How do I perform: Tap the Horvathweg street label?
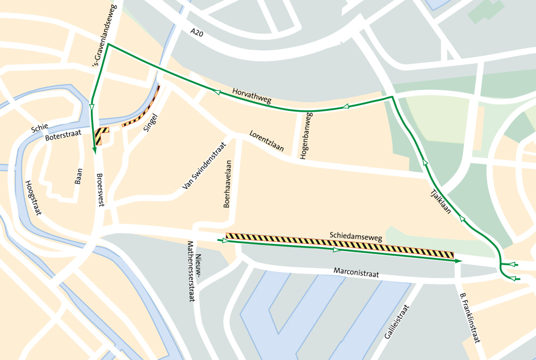(252, 96)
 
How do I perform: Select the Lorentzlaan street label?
(267, 142)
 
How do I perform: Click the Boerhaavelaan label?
(228, 184)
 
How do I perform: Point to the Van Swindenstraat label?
(204, 165)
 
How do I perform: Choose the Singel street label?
(151, 121)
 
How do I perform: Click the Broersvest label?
(100, 190)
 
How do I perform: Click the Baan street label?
(78, 176)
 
